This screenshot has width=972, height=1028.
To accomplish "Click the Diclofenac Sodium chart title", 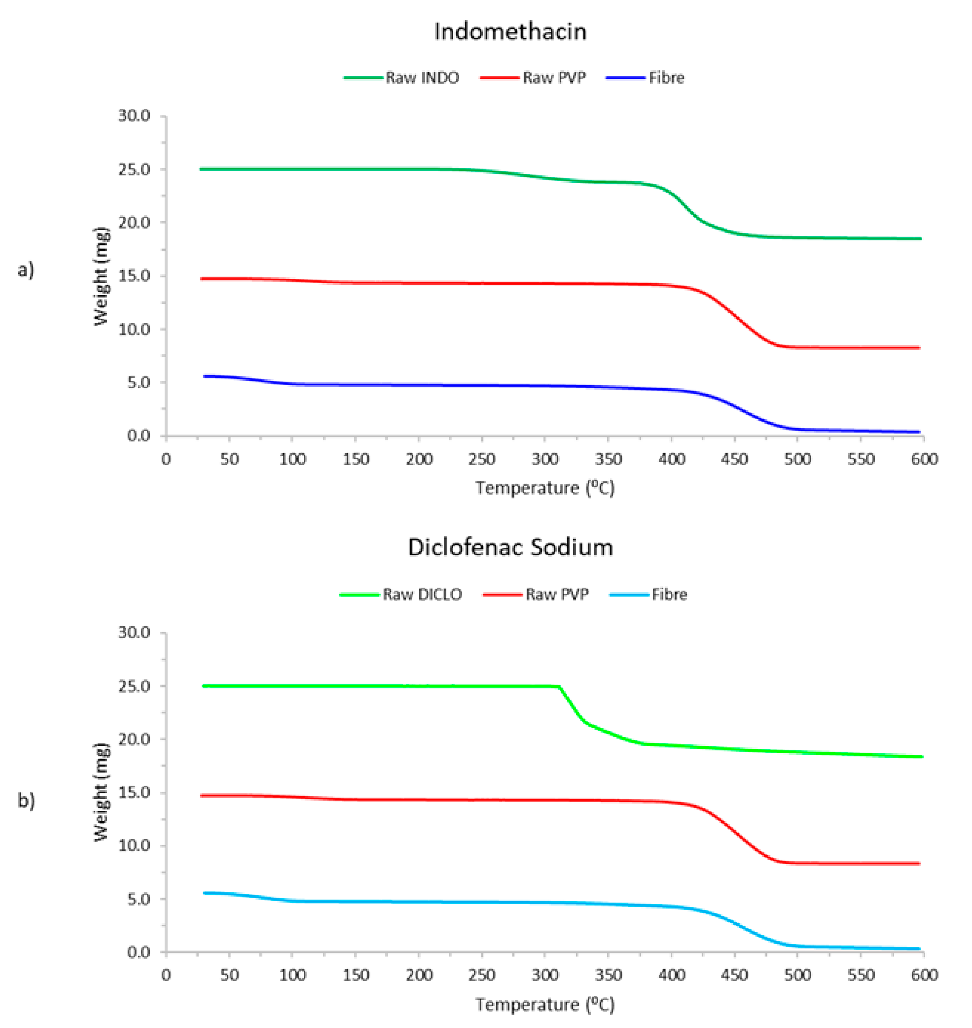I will (510, 547).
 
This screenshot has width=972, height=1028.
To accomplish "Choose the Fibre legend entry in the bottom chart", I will (669, 595).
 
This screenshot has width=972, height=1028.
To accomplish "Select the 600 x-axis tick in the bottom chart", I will (924, 975).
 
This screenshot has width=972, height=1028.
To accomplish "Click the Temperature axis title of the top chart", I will (545, 488).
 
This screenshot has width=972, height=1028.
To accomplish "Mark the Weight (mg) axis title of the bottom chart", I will (102, 792).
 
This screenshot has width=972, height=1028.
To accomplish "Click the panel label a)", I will (26, 270).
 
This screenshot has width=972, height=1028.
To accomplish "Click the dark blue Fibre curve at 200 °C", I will (418, 385).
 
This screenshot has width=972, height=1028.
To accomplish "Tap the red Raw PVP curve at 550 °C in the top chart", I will (861, 347).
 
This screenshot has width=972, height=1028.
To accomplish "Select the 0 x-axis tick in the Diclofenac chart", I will (166, 975).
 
